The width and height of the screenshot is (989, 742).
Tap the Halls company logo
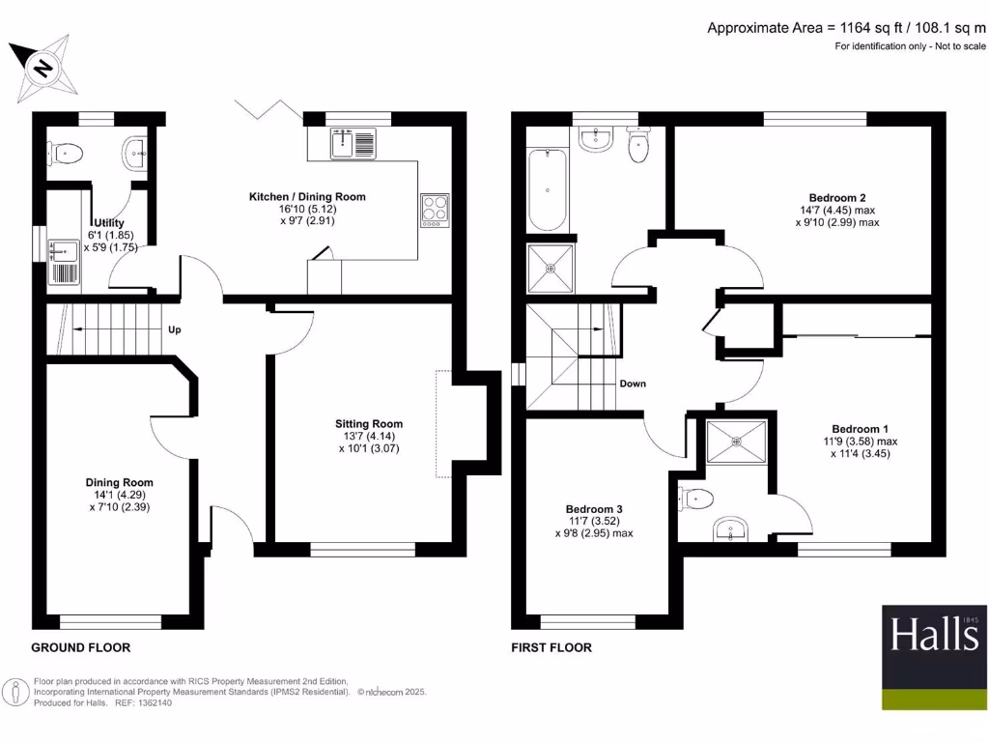[934, 657]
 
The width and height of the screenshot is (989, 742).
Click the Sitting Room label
[369, 423]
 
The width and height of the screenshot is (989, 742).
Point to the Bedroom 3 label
[594, 509]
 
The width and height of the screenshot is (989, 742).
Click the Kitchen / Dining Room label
[307, 196]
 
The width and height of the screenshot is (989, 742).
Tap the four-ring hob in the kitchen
[435, 211]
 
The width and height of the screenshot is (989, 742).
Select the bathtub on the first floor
[548, 189]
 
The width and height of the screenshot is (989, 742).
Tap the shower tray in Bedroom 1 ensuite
[736, 442]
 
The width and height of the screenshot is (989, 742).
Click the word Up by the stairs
[175, 329]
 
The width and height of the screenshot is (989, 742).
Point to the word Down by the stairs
[633, 384]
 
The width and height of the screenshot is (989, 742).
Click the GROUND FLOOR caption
[80, 647]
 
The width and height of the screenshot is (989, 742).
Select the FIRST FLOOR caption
[551, 647]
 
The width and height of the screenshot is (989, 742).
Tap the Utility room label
[108, 223]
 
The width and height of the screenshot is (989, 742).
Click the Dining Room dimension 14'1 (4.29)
[119, 495]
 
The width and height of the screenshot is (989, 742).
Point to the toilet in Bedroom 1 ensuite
[697, 499]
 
